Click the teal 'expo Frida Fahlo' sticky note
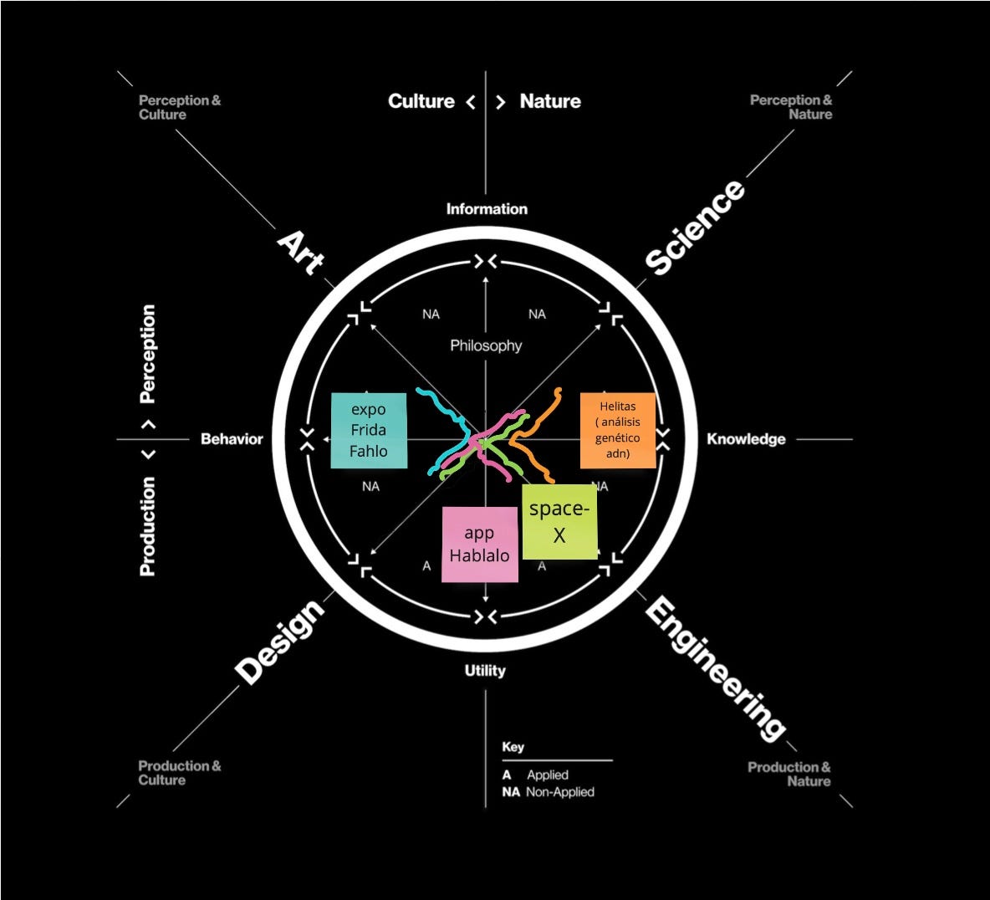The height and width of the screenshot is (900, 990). click(369, 430)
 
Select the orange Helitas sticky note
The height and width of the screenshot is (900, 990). click(617, 430)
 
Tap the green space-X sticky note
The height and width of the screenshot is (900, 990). click(559, 521)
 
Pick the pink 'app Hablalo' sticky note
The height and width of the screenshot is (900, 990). click(480, 544)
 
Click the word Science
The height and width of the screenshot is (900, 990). click(694, 227)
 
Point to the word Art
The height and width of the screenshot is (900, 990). click(301, 251)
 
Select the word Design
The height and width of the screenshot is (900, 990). click(279, 641)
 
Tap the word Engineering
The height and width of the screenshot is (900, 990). click(715, 669)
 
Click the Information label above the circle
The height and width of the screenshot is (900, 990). click(487, 209)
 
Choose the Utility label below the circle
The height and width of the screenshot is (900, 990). click(485, 670)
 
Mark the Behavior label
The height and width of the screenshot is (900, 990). click(232, 438)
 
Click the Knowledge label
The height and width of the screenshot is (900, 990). click(746, 438)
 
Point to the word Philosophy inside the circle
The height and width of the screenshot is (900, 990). click(486, 345)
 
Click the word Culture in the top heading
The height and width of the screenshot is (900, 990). click(421, 101)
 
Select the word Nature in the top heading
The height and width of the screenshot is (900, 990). click(550, 101)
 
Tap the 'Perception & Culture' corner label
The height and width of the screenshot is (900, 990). click(180, 107)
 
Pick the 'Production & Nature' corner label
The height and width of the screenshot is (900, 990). click(788, 774)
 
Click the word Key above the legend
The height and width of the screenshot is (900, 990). click(513, 746)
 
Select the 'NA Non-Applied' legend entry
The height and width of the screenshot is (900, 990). click(549, 791)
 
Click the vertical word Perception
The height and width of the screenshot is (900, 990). click(147, 354)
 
